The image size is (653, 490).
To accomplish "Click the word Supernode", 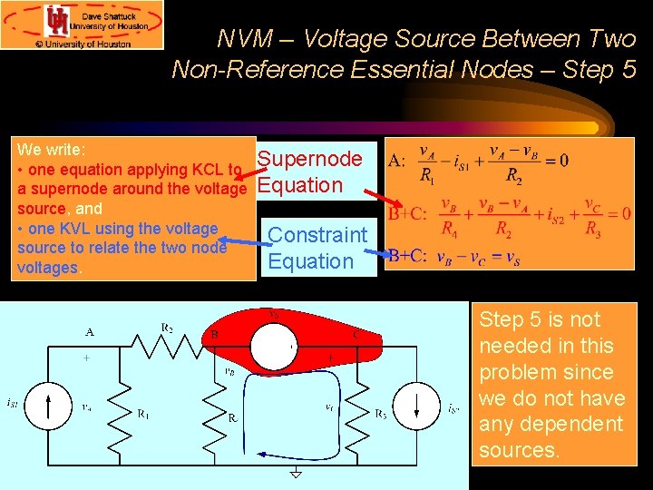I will pyautogui.click(x=310, y=160).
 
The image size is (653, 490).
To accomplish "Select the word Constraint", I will pyautogui.click(x=317, y=235).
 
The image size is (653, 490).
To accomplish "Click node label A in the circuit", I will pyautogui.click(x=90, y=332).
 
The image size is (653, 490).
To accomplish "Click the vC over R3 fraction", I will pyautogui.click(x=593, y=215).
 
